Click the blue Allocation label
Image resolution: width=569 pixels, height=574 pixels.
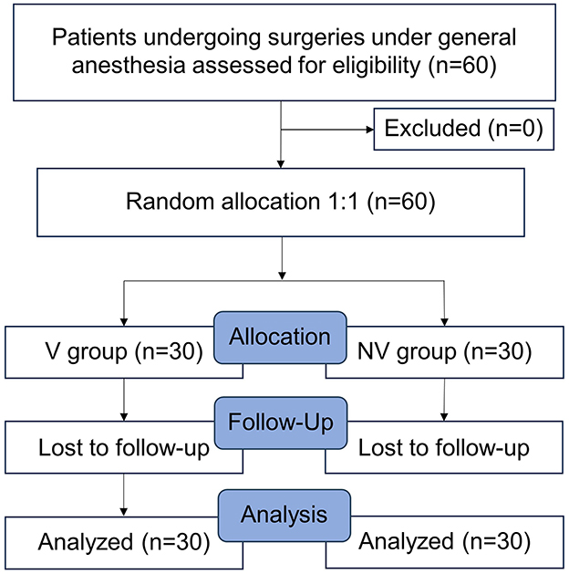tap(280, 337)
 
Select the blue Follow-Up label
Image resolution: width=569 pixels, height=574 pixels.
tap(280, 424)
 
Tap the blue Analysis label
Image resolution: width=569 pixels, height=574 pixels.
tap(283, 515)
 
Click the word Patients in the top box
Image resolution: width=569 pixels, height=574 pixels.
tap(89, 39)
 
